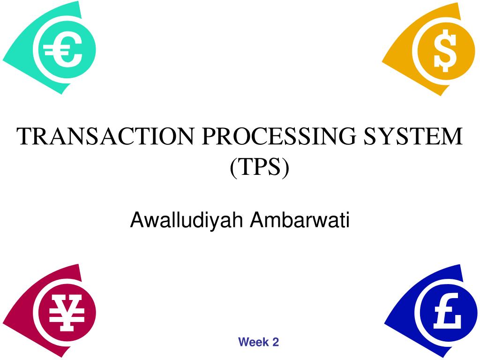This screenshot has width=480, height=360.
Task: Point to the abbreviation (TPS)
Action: pos(260,167)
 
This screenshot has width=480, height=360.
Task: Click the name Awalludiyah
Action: pos(186,220)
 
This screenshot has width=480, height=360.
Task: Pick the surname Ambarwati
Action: pos(300,219)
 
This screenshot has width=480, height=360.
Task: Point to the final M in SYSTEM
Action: pos(453,136)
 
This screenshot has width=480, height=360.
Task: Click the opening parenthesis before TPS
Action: pos(233,168)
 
